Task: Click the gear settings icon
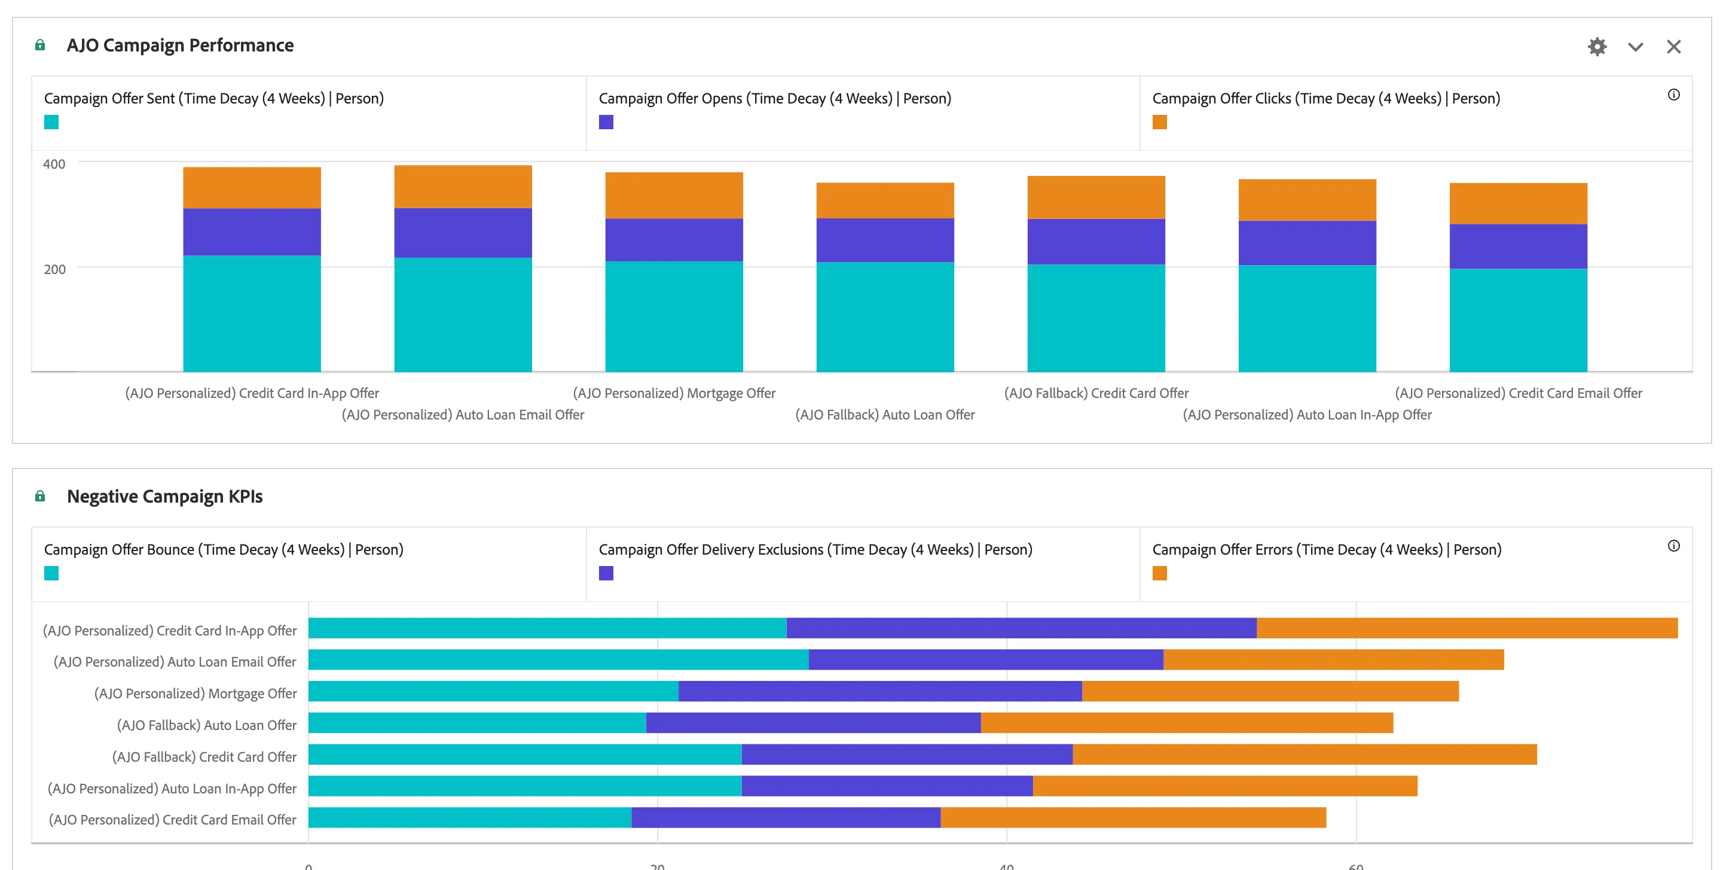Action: [x=1597, y=47]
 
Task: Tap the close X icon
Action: [x=1673, y=47]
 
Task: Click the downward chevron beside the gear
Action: [x=1635, y=47]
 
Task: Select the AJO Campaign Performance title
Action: [x=180, y=45]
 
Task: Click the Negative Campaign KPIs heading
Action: [x=164, y=496]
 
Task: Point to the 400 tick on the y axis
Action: [x=54, y=164]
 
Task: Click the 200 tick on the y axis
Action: [x=54, y=269]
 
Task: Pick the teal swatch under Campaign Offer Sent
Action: [x=51, y=122]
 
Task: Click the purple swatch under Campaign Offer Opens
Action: [x=606, y=122]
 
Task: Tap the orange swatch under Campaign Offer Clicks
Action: [x=1160, y=122]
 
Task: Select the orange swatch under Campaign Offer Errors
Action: [x=1160, y=573]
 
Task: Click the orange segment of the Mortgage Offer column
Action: [x=674, y=196]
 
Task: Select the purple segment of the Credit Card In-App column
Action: [x=252, y=232]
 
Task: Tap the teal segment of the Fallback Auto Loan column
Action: [x=885, y=317]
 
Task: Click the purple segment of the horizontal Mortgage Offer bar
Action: [x=880, y=691]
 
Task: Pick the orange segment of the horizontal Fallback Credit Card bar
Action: [x=1305, y=755]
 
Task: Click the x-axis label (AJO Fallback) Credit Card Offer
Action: [x=1096, y=393]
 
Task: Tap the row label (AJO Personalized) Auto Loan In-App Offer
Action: [x=172, y=789]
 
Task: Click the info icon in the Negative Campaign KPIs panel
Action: [x=1673, y=546]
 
